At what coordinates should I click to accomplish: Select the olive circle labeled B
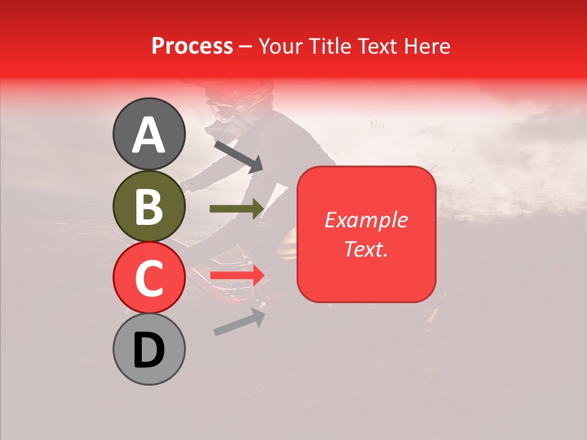tap(149, 206)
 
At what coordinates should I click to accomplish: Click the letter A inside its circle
tap(149, 135)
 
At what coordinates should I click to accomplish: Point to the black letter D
tap(149, 351)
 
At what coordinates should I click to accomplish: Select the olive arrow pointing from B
tap(237, 208)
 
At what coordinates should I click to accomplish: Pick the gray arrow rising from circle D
tap(239, 322)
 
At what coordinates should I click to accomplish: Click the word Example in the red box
tap(366, 220)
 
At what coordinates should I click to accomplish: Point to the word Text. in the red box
tap(366, 249)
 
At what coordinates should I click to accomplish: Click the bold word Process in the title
tap(192, 46)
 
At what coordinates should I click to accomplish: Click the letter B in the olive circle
tap(149, 207)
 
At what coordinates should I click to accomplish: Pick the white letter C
tap(149, 279)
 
